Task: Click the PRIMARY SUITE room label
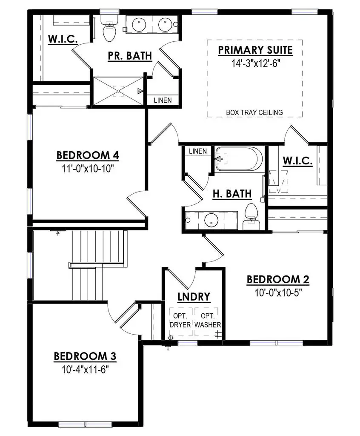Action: click(x=255, y=50)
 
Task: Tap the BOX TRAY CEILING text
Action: click(x=254, y=112)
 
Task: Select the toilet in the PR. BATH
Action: click(x=109, y=29)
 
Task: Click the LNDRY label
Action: click(x=194, y=296)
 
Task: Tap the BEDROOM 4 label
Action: click(x=88, y=155)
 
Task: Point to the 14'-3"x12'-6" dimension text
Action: click(x=255, y=63)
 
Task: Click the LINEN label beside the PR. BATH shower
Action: click(x=163, y=100)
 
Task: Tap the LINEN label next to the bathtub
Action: click(x=197, y=151)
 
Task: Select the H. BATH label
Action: click(x=232, y=194)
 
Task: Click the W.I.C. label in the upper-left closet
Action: click(x=62, y=39)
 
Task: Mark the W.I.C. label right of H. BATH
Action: click(x=298, y=161)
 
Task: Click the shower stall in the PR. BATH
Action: click(x=118, y=90)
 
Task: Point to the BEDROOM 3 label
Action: click(x=85, y=356)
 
